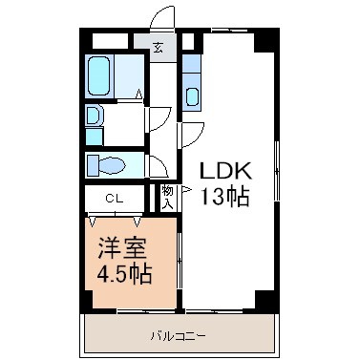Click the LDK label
point(225,171)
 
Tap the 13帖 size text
point(225,197)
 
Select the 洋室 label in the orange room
point(122,247)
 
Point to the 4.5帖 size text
point(124,274)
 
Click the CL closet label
point(115,200)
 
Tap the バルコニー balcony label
point(178,336)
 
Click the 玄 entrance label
point(158,48)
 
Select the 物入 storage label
point(167,197)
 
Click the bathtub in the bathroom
point(99,75)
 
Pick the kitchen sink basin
point(193,96)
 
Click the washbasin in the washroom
point(94,116)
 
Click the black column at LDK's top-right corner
point(266,40)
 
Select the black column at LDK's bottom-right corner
point(267,300)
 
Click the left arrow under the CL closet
point(93,222)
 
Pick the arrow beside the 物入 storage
point(186,190)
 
